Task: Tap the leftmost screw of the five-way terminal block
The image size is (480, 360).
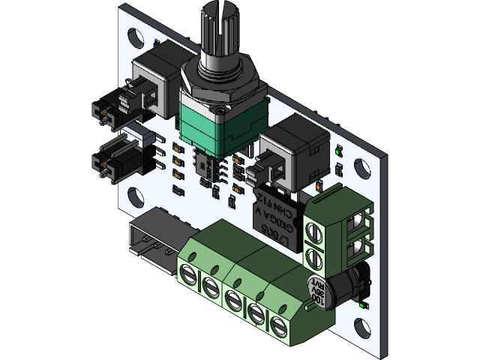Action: pyautogui.click(x=187, y=273)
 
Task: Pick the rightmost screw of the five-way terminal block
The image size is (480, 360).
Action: pyautogui.click(x=280, y=327)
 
